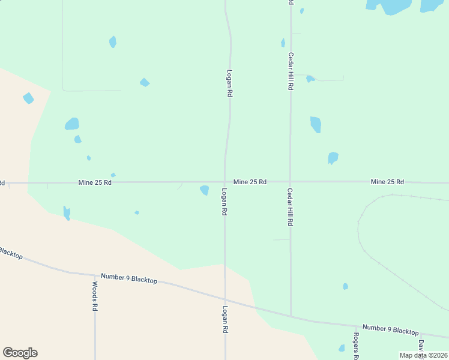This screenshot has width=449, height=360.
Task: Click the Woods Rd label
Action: pos(95,296)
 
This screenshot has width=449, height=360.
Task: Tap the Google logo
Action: pos(20,353)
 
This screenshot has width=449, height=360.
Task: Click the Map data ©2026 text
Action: pos(424,355)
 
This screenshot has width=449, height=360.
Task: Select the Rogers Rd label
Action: pos(356,346)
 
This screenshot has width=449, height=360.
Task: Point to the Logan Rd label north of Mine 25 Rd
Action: pos(229,82)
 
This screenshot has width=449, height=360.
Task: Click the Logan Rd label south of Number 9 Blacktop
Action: pos(225,320)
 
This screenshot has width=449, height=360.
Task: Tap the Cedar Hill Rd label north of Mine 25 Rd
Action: pos(291,71)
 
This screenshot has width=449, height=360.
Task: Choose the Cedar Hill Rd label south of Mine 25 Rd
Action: pos(289,206)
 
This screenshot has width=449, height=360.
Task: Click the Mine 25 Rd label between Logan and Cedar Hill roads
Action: pos(250,181)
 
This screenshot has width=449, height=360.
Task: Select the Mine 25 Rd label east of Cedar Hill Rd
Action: pos(387,181)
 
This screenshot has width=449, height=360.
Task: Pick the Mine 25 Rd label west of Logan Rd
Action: pos(95,182)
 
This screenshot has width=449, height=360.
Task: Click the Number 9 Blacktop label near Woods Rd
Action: pos(129,278)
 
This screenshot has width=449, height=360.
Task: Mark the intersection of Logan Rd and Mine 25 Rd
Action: pos(225,181)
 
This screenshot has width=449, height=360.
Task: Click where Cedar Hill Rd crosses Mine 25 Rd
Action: pos(291,181)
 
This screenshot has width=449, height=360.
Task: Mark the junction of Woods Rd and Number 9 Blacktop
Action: pos(94,275)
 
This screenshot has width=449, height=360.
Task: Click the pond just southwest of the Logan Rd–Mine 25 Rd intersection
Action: pos(205,190)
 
